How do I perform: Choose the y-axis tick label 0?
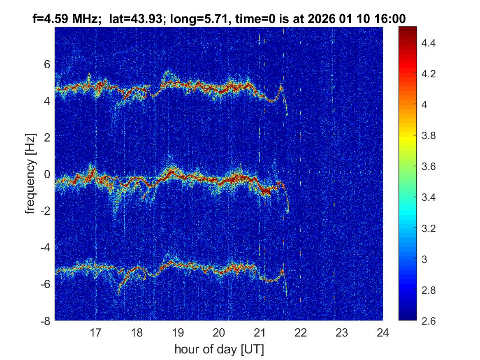click(47, 174)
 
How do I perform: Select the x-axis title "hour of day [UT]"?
click(219, 350)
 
